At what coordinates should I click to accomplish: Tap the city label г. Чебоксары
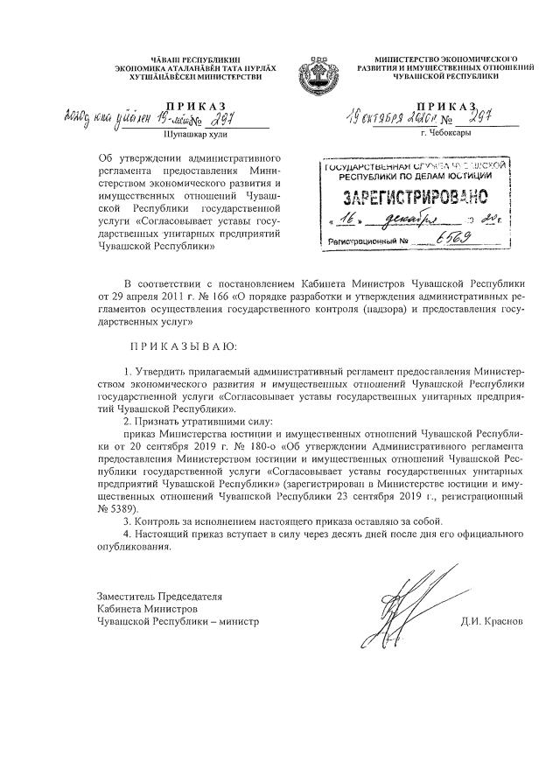pyautogui.click(x=445, y=134)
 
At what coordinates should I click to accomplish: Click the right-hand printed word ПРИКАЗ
pyautogui.click(x=446, y=105)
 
